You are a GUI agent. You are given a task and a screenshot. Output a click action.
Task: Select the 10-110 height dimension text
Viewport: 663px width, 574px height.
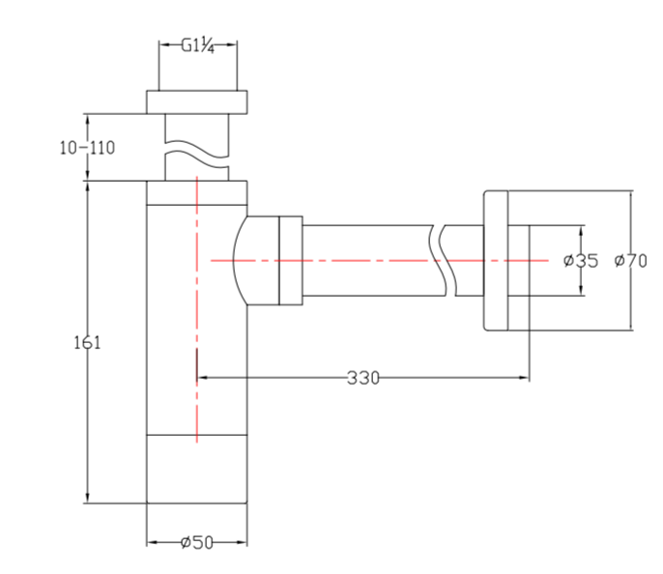point(87,148)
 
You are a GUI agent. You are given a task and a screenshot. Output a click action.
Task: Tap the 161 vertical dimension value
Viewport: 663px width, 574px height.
point(87,341)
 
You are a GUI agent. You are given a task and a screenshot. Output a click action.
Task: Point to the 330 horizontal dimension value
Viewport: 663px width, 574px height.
point(363,377)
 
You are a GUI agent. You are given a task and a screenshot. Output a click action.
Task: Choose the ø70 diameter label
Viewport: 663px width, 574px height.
point(630,260)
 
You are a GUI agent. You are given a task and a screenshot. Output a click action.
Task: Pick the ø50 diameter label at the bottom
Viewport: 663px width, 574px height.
point(197,543)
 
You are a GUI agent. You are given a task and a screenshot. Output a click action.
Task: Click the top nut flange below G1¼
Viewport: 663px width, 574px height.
point(197,101)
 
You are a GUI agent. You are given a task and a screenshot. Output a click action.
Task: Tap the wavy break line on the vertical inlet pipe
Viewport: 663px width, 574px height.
point(197,156)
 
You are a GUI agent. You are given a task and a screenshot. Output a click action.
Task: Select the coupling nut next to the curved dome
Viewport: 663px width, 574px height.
point(290,259)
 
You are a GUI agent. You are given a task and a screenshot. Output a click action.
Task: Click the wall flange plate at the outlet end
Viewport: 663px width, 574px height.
point(494,259)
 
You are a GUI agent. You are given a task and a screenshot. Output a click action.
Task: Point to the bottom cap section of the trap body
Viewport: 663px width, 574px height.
point(197,469)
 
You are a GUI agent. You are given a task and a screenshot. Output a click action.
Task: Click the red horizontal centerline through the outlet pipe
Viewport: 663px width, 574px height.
point(367,260)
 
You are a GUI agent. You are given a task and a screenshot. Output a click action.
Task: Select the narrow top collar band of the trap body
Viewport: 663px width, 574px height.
point(197,192)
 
